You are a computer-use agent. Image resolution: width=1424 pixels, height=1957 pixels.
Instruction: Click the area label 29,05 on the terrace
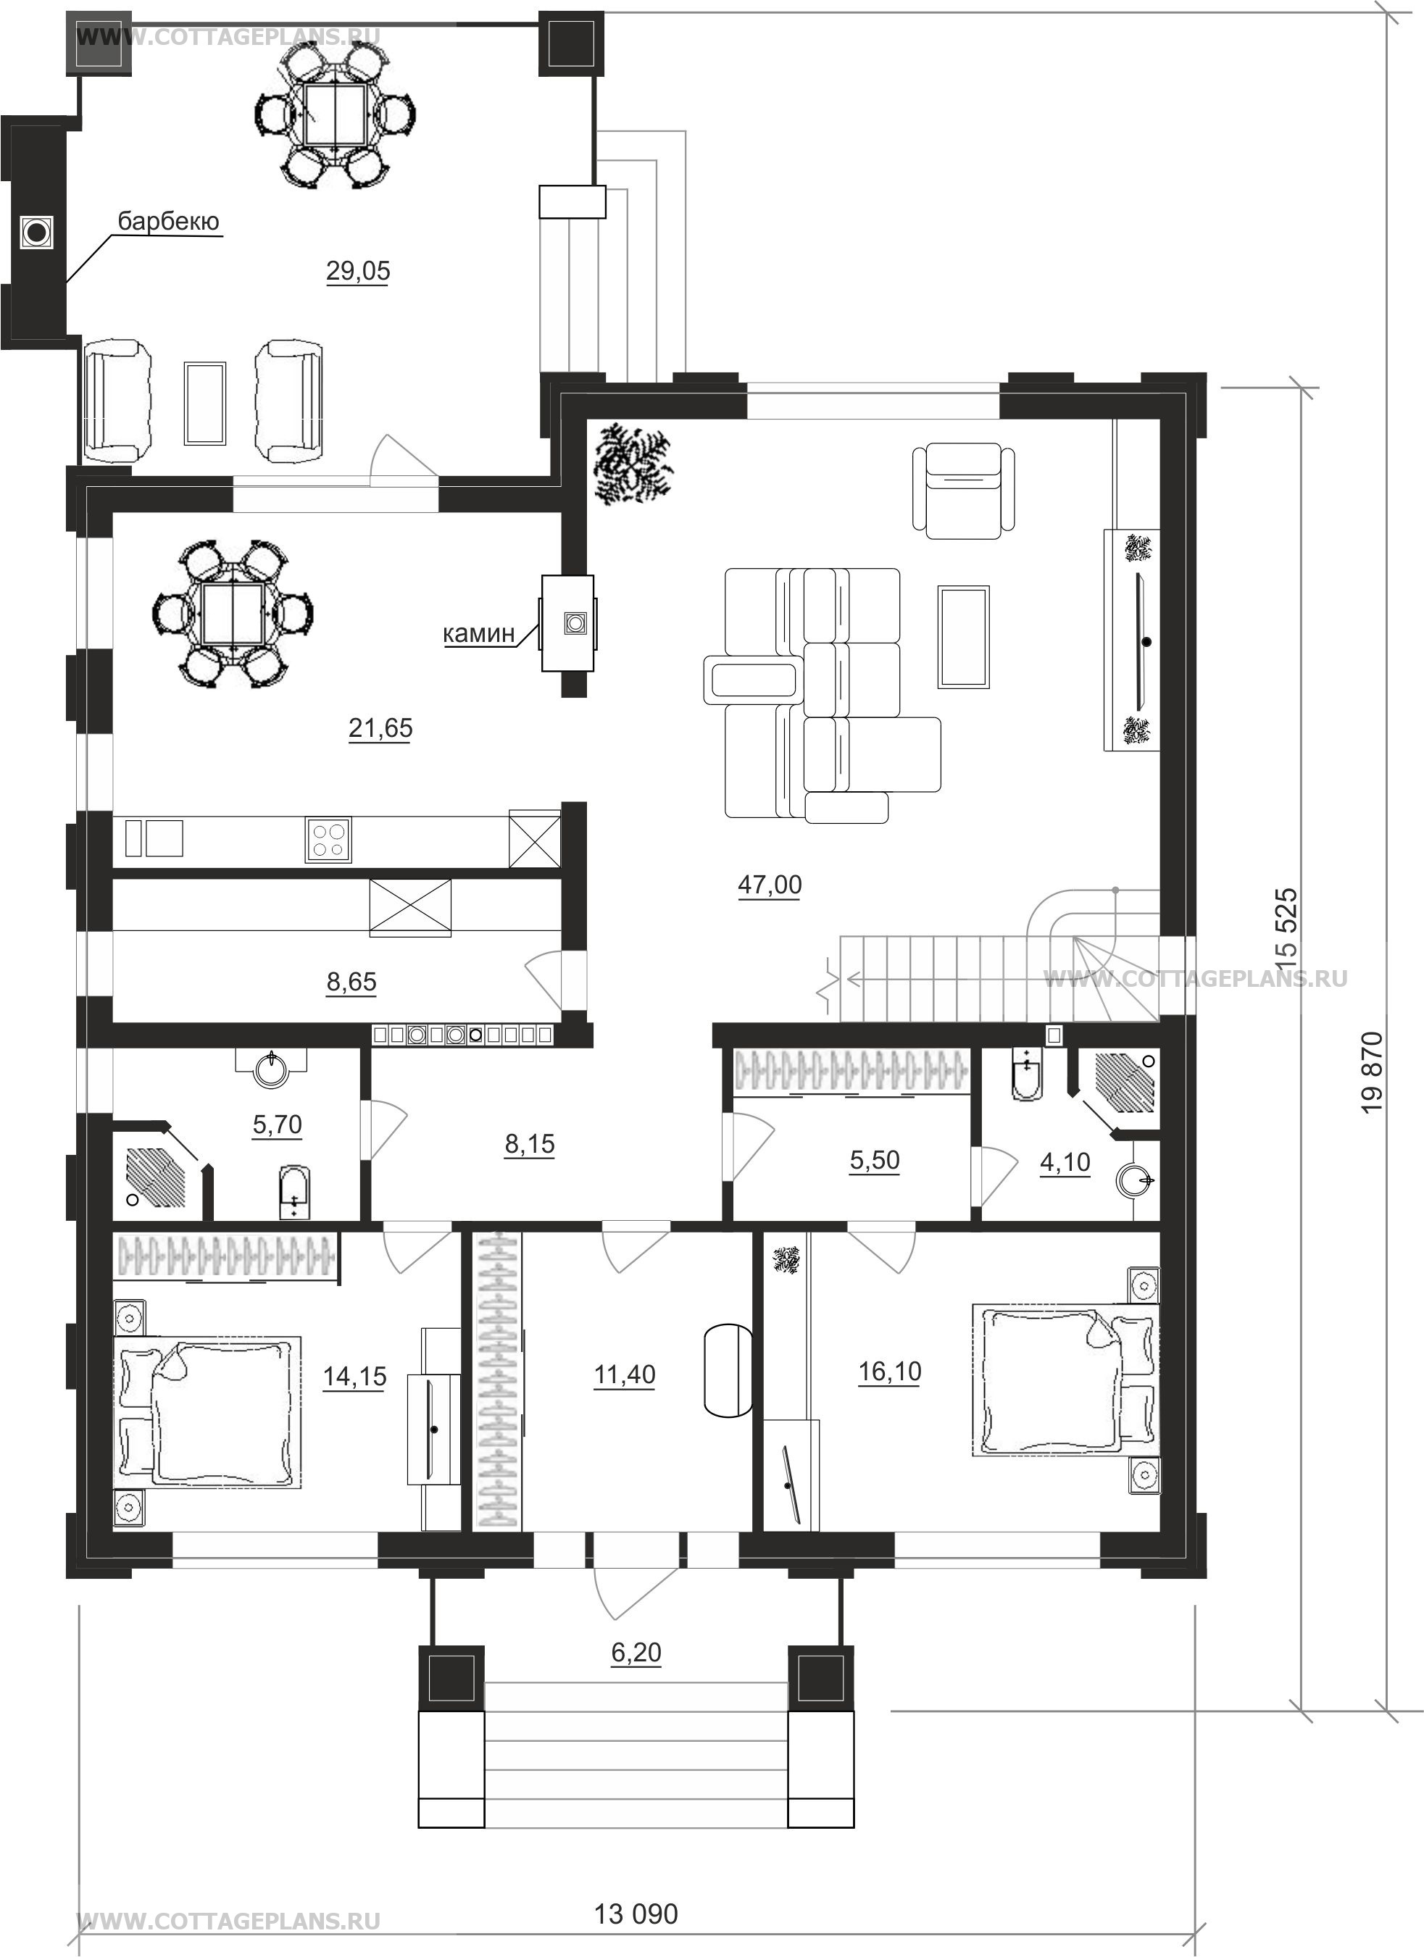(x=358, y=271)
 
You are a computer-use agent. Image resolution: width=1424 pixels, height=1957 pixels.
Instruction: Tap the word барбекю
(x=169, y=221)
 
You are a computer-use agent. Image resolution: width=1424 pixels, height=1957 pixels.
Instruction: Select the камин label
(x=479, y=633)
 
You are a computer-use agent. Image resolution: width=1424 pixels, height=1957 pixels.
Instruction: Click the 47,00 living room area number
(x=770, y=885)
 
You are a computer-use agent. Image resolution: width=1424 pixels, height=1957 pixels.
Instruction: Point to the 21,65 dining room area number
(x=380, y=728)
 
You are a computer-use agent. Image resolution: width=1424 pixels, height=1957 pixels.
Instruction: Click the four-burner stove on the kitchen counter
(x=328, y=840)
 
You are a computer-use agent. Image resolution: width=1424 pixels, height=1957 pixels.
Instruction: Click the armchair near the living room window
(x=963, y=490)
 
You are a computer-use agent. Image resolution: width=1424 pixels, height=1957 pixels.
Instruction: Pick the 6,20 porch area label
(x=636, y=1653)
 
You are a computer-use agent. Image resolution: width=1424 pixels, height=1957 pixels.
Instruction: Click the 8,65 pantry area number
(x=351, y=982)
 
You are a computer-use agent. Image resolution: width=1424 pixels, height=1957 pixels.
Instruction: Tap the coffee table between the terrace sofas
(x=205, y=403)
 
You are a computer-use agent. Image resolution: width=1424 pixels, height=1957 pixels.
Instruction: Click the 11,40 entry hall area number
(x=625, y=1374)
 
